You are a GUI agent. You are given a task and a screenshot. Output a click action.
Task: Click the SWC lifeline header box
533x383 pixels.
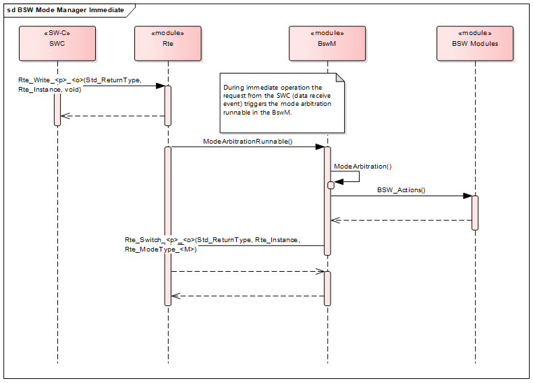coord(57,44)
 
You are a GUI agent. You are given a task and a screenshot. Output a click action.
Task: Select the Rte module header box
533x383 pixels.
coord(167,44)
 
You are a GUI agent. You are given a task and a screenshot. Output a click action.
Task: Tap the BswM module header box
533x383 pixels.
coord(327,44)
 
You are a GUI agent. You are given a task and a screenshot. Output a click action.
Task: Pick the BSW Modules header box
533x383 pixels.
coord(475,44)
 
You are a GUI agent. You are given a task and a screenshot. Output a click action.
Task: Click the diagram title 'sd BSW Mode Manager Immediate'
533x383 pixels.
coord(65,9)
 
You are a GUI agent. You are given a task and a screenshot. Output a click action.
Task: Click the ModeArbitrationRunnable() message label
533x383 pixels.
coord(247,142)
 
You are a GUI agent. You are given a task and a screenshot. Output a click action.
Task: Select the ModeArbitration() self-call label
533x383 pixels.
coord(362,166)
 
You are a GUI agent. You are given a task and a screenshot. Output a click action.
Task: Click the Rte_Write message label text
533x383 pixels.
coord(80,84)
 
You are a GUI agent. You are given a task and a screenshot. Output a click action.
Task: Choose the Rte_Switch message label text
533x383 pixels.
coord(212,244)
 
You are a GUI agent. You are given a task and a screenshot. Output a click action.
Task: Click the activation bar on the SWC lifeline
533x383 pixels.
coord(57,108)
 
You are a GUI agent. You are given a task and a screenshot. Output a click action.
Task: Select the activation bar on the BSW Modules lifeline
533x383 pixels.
coord(475,212)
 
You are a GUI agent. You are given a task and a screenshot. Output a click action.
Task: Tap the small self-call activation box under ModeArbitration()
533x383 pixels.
coord(331,185)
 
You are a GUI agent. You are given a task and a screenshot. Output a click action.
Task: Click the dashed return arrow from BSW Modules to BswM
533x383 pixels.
coord(401,220)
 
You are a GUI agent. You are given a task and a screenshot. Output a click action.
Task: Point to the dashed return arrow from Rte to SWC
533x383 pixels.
coord(112,116)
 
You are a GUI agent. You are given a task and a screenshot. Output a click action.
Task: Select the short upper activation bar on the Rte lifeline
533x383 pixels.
coord(167,105)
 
